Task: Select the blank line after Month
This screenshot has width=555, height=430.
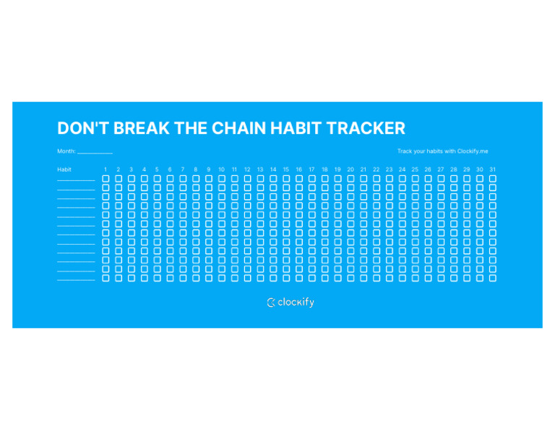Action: pos(95,152)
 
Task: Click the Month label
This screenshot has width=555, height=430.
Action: pos(66,151)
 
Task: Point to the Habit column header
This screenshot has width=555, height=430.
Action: pos(64,169)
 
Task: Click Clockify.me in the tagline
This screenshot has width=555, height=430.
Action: pos(473,151)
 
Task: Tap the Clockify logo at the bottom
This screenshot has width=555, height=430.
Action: pos(291,303)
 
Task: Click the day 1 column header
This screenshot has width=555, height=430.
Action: pos(106,169)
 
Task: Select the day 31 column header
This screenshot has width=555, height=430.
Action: pos(492,169)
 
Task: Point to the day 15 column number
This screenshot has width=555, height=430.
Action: pos(286,169)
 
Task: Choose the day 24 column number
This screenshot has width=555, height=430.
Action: pos(402,169)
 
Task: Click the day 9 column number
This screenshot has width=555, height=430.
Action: pos(209,169)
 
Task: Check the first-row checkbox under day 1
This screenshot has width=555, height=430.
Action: pos(106,178)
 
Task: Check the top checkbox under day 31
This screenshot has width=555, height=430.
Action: pos(492,178)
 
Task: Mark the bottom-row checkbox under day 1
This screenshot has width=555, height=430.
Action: pos(106,278)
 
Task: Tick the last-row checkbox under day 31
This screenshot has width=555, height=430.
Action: pos(492,278)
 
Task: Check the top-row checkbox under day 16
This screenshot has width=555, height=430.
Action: pos(299,178)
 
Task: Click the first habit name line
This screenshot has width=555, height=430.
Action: pos(76,180)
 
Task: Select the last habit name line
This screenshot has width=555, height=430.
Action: pos(76,279)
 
